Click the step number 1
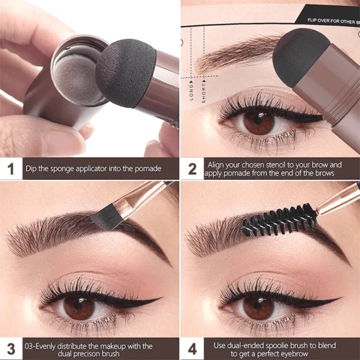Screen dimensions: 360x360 click(x=11, y=169)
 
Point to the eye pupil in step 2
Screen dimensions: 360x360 click(x=260, y=124)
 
